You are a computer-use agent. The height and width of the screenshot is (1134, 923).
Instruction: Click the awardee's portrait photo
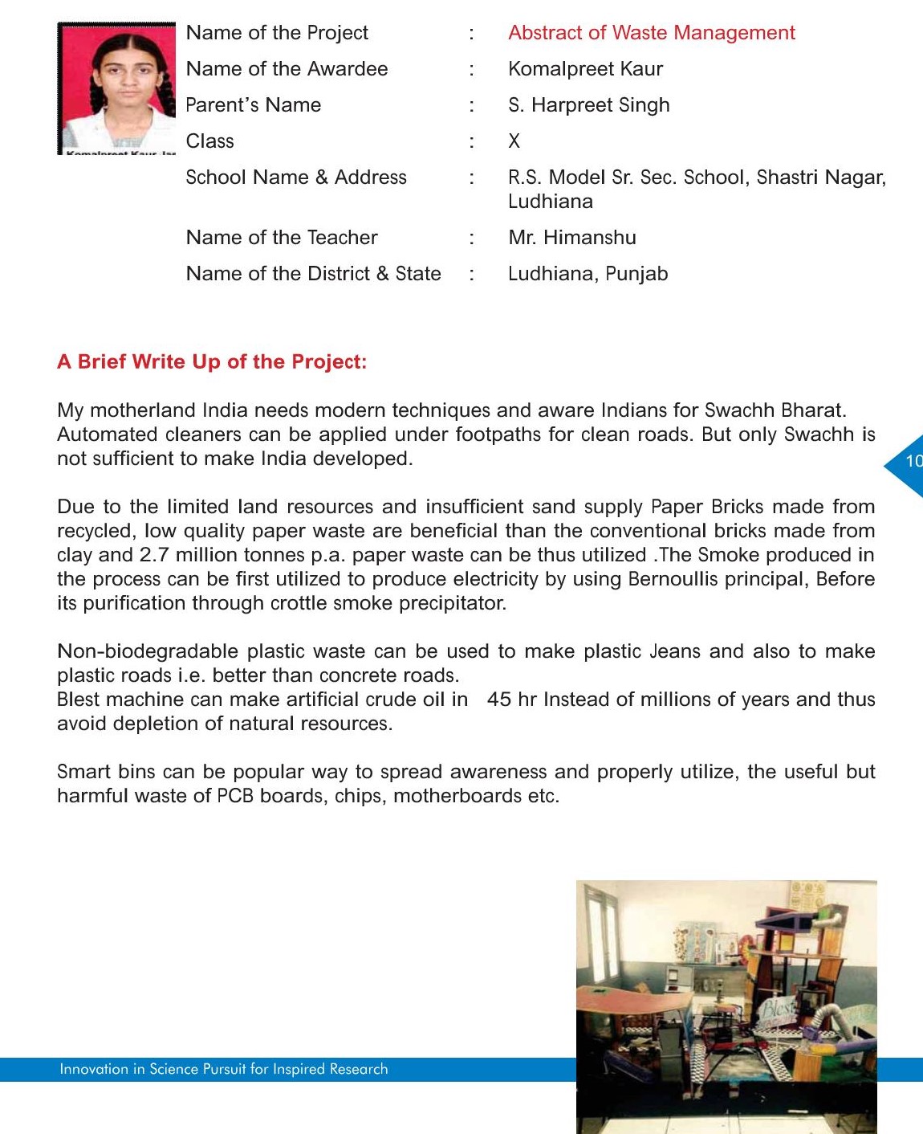pos(117,88)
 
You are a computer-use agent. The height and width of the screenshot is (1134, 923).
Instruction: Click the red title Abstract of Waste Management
pos(651,33)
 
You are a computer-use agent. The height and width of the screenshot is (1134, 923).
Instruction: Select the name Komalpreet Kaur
pos(585,69)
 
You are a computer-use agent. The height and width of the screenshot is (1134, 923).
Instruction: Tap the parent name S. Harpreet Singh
pos(588,105)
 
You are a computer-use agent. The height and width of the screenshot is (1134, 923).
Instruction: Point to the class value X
pos(514,141)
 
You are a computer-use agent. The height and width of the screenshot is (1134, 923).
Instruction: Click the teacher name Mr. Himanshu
pos(571,238)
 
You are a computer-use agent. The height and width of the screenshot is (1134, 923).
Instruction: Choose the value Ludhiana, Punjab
pos(588,274)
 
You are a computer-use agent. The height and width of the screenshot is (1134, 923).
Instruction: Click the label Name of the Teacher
pos(282,238)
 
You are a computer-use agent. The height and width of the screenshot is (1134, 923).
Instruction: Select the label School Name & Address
pos(296,177)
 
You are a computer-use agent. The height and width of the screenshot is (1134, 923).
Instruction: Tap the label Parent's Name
pos(254,105)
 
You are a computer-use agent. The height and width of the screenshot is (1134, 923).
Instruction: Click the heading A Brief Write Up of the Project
pos(212,362)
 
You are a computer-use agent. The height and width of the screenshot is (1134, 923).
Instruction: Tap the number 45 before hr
pos(498,700)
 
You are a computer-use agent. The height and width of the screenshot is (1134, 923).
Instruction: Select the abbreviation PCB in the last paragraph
pos(235,796)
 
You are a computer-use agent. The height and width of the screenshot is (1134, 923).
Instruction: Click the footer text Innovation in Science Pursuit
pos(223,1069)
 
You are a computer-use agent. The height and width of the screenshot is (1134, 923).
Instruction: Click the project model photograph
pos(726,1006)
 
